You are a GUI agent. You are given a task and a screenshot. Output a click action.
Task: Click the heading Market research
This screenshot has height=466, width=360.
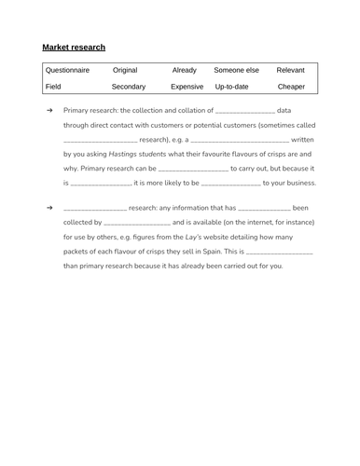click(74, 47)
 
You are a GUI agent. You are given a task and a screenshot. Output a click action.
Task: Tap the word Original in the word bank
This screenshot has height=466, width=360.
click(125, 70)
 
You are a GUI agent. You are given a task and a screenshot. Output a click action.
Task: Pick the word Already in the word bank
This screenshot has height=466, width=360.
click(184, 70)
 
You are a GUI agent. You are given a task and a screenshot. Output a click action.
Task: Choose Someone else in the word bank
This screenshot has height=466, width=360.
click(237, 70)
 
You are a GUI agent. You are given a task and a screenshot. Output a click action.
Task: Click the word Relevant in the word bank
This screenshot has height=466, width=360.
click(291, 70)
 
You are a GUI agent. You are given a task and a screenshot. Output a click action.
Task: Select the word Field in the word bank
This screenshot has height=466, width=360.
click(53, 87)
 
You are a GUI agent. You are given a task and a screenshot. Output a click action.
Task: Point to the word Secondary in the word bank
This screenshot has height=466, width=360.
click(129, 87)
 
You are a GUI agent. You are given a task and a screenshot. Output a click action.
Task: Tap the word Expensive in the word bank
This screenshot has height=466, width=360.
click(187, 87)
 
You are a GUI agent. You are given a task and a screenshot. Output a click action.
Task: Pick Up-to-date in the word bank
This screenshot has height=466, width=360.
click(231, 87)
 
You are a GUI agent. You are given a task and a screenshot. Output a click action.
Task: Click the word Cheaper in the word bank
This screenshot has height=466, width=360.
click(291, 87)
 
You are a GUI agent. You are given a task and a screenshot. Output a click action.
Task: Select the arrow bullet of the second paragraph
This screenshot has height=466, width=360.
click(49, 208)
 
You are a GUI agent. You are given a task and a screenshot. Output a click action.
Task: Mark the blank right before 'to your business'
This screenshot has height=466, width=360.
click(230, 184)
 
